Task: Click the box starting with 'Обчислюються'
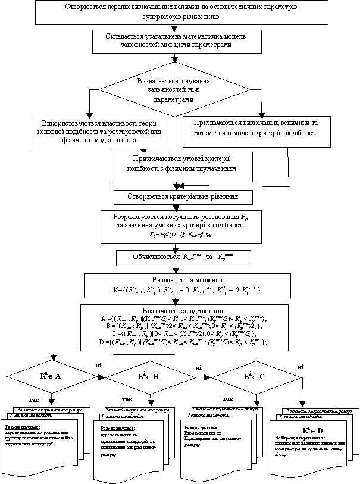click(x=183, y=258)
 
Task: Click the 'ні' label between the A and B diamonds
click(x=99, y=363)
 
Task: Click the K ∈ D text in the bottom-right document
click(x=312, y=430)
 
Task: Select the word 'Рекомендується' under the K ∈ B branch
click(x=115, y=427)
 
